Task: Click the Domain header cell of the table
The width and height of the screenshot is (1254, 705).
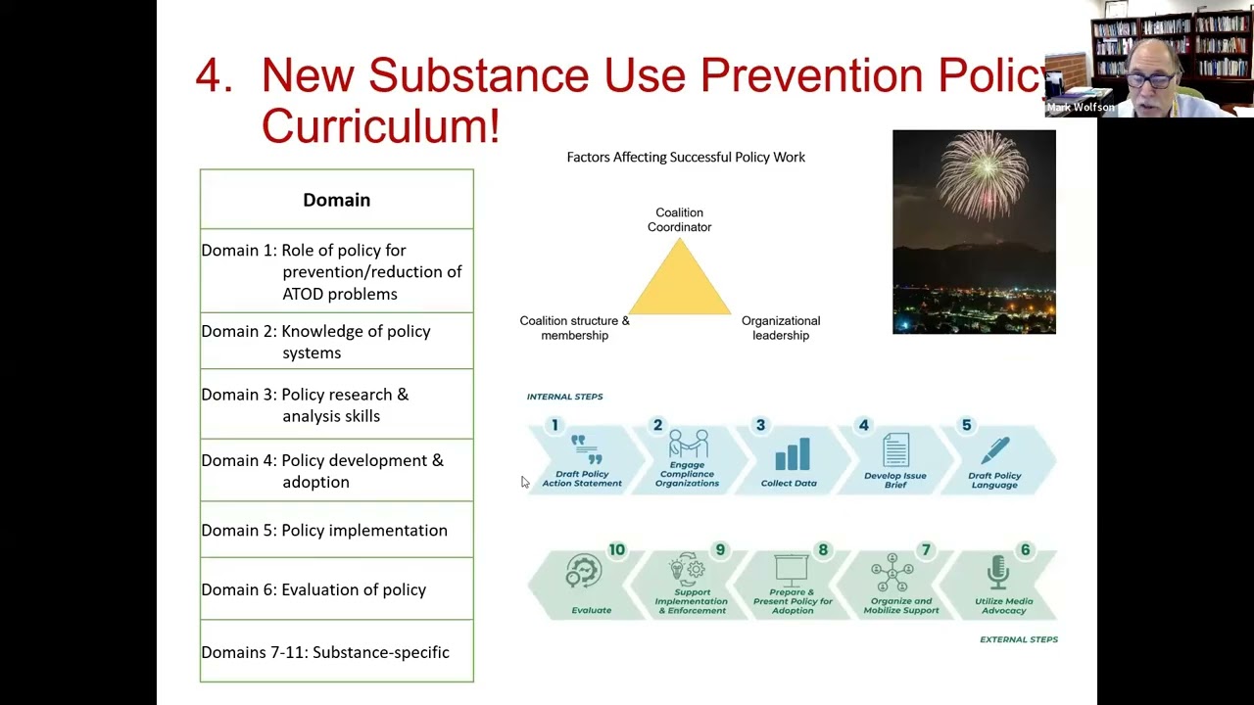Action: [x=336, y=200]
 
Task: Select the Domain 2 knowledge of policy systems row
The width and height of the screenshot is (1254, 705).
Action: [x=336, y=342]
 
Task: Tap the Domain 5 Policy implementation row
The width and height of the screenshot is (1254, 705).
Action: [x=336, y=530]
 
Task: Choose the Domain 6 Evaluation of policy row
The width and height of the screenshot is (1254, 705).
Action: [x=336, y=589]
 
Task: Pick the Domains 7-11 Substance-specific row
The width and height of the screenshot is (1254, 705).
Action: [x=336, y=652]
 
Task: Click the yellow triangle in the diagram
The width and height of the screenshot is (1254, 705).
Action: [x=680, y=282]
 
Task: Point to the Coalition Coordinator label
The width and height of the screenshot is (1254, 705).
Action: [x=679, y=219]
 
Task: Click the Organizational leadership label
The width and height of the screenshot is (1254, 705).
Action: [x=781, y=328]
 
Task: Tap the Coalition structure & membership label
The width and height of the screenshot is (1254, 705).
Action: [x=574, y=328]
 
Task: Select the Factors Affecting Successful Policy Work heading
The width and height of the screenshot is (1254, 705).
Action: [x=686, y=157]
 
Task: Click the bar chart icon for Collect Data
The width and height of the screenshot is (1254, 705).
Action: [x=792, y=453]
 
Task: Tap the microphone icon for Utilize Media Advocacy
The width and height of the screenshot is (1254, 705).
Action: [x=997, y=573]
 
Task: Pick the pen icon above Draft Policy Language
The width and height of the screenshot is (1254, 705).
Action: [x=995, y=450]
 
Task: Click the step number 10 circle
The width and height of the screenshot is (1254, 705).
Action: [x=616, y=550]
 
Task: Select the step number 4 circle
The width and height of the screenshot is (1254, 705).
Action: [x=863, y=425]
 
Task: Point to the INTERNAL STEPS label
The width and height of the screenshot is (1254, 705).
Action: [x=564, y=397]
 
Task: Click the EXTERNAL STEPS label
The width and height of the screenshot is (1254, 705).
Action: [x=1018, y=639]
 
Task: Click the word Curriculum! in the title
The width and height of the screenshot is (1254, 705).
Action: [x=380, y=126]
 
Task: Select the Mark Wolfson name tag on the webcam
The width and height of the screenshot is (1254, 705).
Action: [x=1080, y=108]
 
